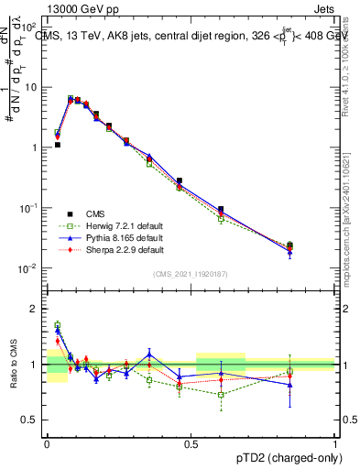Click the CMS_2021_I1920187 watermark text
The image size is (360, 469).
tap(191, 274)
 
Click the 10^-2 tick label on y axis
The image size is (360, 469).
tap(29, 268)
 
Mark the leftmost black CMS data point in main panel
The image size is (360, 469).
tap(57, 145)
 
